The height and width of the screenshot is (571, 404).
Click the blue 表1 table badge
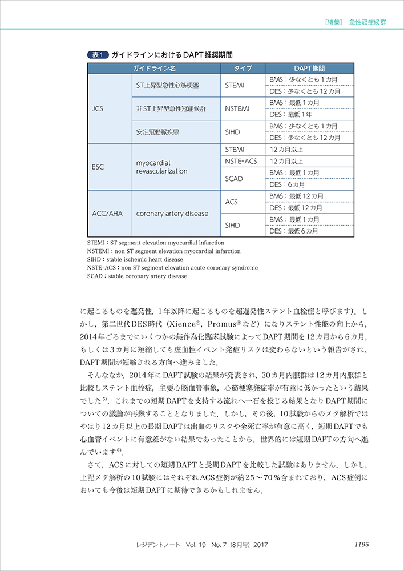[96, 55]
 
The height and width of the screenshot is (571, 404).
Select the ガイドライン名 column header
[153, 69]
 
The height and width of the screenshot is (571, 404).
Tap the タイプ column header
[243, 69]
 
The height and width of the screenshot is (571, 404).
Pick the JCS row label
[98, 108]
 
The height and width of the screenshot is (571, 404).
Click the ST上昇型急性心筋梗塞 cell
[167, 85]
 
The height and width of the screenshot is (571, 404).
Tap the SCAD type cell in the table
[234, 179]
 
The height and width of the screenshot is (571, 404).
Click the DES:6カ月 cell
[288, 184]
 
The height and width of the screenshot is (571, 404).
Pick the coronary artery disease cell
[172, 214]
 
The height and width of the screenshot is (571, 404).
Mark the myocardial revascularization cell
[162, 167]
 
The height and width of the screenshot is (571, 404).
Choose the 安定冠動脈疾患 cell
[158, 131]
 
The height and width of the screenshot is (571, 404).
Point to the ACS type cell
[232, 202]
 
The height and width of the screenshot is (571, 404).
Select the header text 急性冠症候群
[368, 23]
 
